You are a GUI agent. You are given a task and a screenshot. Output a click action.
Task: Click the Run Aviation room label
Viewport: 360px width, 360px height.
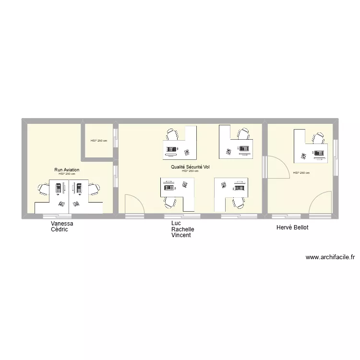(67, 170)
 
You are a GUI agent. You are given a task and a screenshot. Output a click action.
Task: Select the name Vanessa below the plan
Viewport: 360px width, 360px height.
(62, 224)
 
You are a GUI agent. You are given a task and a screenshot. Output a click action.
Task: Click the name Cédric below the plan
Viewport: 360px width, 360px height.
(60, 229)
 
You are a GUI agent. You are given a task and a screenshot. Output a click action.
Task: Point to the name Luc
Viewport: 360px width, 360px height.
(176, 224)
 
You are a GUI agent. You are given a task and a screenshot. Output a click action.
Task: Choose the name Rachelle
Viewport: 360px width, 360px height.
(182, 229)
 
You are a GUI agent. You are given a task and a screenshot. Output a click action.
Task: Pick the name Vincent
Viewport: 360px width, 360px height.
(181, 235)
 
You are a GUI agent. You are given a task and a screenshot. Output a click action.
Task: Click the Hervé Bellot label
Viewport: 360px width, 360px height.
(292, 227)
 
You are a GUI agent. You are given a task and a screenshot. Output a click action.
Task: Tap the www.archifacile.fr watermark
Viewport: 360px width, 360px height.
(330, 257)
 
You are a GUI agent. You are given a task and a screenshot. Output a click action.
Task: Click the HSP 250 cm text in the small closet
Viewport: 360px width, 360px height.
(99, 141)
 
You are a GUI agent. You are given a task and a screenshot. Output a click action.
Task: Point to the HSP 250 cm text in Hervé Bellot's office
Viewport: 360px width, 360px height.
(301, 173)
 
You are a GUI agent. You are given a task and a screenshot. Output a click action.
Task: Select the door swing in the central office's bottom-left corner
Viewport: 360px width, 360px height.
(134, 204)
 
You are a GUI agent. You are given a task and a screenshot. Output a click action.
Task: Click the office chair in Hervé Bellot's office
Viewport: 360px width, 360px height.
(318, 138)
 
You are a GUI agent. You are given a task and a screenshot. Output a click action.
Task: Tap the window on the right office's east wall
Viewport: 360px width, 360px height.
(336, 151)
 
